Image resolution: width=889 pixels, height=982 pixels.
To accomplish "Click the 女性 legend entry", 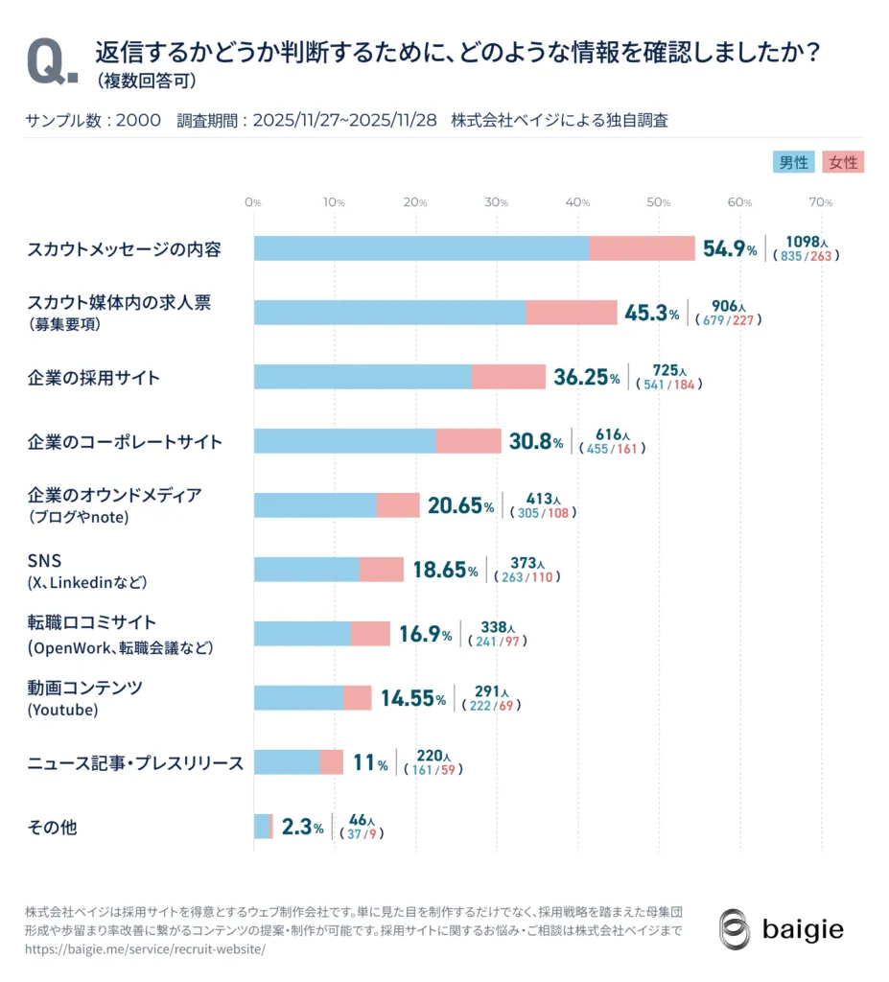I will click(844, 162).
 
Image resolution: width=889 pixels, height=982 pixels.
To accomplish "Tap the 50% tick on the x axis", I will click(658, 202).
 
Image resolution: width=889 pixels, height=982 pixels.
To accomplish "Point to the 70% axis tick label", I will click(821, 202).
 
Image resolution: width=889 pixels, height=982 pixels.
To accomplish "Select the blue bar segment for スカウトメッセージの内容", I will click(421, 248).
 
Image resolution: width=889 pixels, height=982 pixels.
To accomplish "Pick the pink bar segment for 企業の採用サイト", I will click(508, 377).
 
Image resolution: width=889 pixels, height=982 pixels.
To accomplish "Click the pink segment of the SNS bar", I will click(382, 570).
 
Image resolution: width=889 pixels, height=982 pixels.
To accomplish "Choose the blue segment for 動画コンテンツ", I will click(298, 698).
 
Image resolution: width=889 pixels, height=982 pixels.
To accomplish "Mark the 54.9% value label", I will click(730, 249).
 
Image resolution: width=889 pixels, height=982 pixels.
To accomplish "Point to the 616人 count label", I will click(610, 434).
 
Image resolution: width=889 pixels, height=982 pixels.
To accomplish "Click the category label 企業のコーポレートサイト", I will click(125, 442).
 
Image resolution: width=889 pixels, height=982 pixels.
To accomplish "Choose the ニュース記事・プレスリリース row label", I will click(135, 762).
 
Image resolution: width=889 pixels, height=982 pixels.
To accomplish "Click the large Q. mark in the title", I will click(53, 62).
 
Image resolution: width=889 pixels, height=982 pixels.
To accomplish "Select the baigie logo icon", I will click(735, 928).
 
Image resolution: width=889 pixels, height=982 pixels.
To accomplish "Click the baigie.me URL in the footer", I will click(144, 949).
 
